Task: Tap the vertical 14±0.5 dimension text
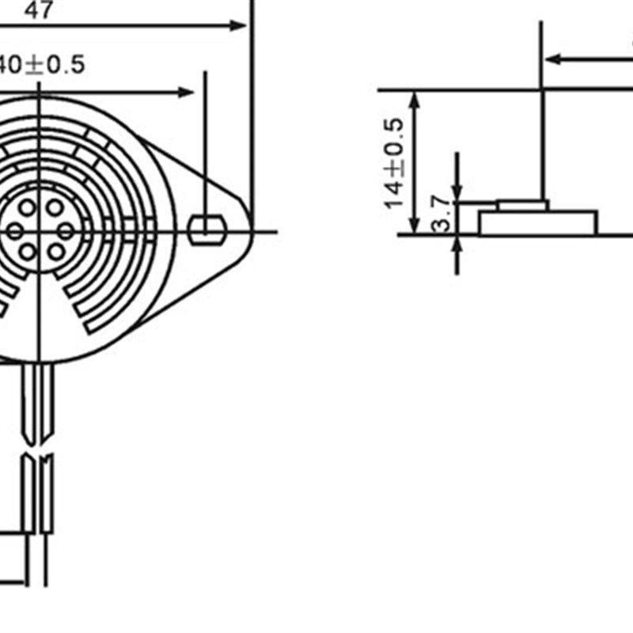[x=396, y=163]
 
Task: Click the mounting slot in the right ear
[x=207, y=230]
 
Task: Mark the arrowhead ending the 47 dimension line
[x=239, y=25]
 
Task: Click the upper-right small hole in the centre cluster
[x=55, y=208]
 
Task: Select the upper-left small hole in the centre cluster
[x=28, y=208]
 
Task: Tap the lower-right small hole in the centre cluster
[x=55, y=252]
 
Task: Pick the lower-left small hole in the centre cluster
[x=28, y=252]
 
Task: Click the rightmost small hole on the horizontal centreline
[x=66, y=231]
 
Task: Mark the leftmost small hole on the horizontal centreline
[x=15, y=231]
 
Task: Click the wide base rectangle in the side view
[x=538, y=223]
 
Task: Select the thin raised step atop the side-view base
[x=522, y=206]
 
